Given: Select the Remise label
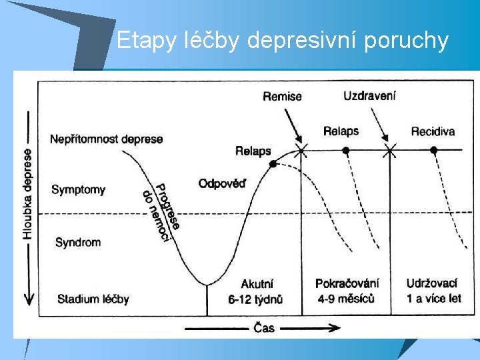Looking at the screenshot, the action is point(282,97).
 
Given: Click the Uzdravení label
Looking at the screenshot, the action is point(369,95).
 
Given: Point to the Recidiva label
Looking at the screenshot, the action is point(433,131).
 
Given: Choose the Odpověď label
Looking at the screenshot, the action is point(222,183).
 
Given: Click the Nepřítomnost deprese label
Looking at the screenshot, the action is point(106,139).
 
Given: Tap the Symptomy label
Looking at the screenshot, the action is point(78,189).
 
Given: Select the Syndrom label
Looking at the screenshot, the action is point(78,242).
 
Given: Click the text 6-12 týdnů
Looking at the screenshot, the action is point(255,299).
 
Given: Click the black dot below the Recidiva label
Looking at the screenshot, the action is point(433,150).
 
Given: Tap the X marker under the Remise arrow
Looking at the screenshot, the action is point(301,150).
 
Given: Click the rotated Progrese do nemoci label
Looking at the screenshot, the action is point(161,212).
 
